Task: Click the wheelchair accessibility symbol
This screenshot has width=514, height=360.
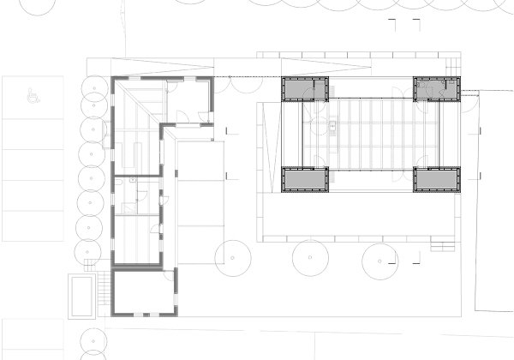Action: point(33,97)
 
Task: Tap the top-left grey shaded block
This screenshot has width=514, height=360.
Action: point(305,88)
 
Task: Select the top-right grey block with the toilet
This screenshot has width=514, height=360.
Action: point(437,88)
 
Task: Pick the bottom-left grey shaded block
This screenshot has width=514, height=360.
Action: point(305,179)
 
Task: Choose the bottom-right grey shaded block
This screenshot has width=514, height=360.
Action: point(437,179)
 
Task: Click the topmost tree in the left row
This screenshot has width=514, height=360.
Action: point(92,87)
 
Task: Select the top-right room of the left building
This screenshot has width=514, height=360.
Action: point(188,100)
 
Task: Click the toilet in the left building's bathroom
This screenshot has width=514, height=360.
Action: point(126,207)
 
